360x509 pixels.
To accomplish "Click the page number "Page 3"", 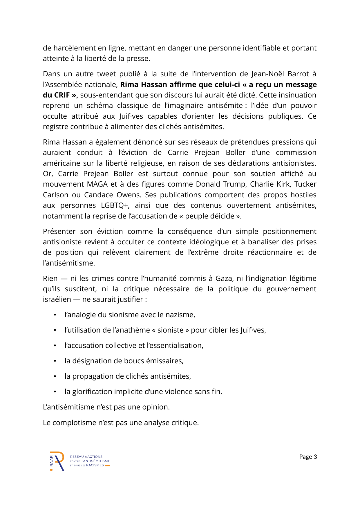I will coord(308,457).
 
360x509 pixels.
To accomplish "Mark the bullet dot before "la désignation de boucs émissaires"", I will coord(55,361).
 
